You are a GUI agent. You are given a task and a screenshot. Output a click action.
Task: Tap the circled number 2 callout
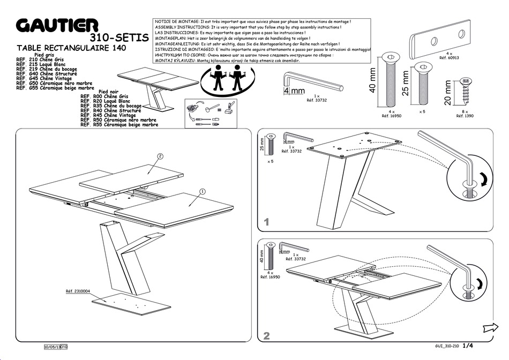(160, 156)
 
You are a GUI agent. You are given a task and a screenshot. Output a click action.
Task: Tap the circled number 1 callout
(203, 191)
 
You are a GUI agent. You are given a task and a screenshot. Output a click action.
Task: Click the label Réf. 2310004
(78, 291)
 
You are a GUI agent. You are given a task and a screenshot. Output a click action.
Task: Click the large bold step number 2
(266, 336)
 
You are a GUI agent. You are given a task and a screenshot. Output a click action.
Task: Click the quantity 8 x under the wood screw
(465, 111)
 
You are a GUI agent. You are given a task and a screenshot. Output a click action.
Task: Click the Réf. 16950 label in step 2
(270, 277)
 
